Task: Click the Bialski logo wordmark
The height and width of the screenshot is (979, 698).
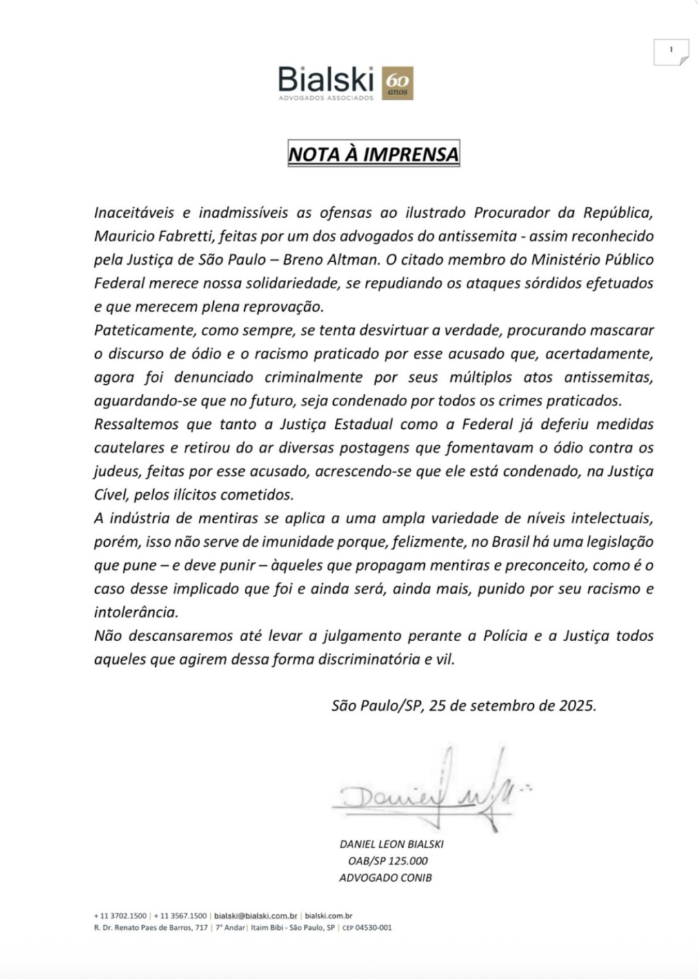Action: point(326,80)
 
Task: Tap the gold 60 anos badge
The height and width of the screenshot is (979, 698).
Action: point(397,83)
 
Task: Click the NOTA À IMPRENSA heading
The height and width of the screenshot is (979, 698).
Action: point(373,154)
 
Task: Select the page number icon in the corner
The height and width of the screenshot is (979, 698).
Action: point(670,52)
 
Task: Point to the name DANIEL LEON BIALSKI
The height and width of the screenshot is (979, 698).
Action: point(391,844)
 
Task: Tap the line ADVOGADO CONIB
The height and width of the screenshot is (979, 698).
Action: point(386,878)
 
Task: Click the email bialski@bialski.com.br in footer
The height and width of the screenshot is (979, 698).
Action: point(256,916)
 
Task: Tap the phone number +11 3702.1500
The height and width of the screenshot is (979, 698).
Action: point(121,916)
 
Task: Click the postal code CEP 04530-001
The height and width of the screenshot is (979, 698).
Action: point(367,927)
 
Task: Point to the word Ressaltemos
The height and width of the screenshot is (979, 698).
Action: point(137,424)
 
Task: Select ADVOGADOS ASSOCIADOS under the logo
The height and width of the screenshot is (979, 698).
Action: point(326,98)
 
